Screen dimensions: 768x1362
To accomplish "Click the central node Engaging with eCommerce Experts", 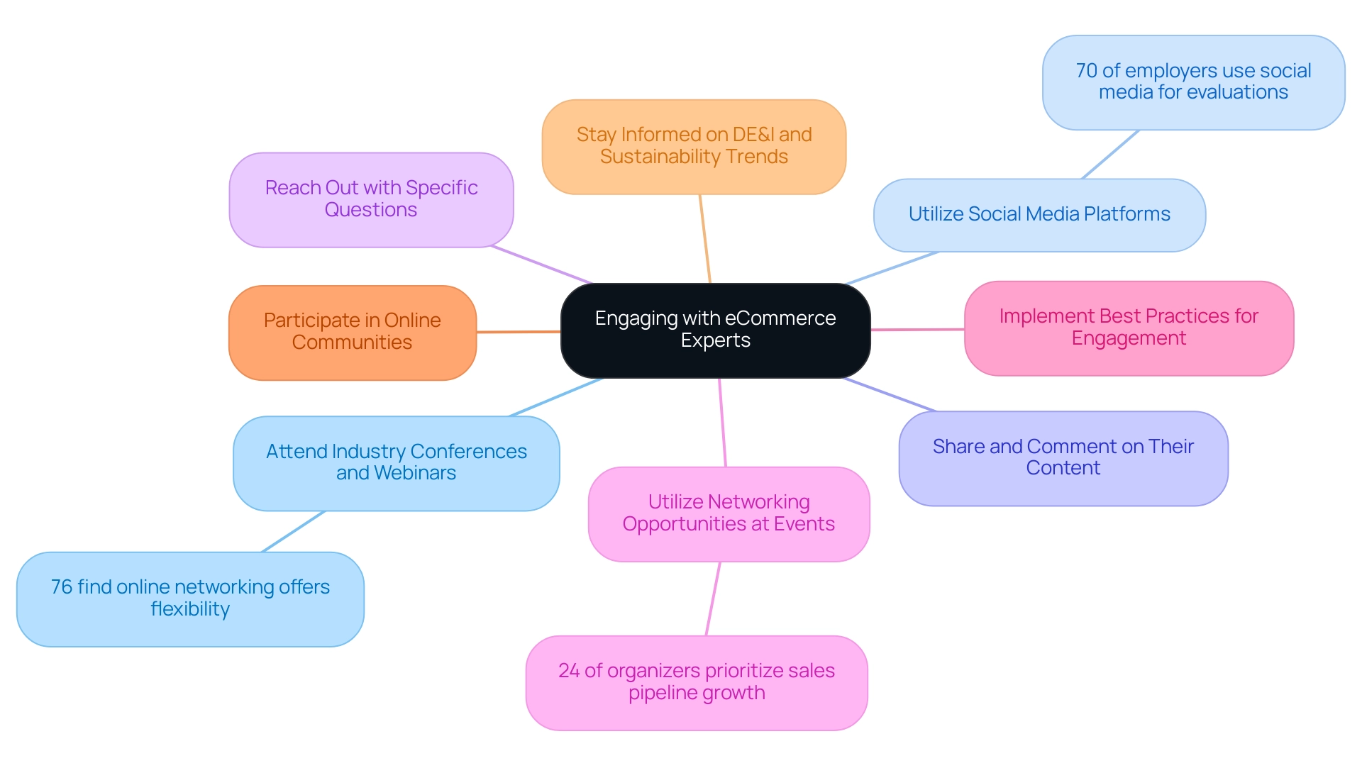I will pos(715,330).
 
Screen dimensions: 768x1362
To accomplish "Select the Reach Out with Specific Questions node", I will pos(371,199).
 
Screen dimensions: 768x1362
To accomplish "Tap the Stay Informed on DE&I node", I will pos(694,146).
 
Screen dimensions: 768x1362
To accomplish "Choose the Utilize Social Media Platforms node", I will pos(1039,214).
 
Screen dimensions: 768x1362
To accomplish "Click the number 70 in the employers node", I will pos(1086,71).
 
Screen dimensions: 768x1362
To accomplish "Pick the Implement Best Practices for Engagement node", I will pos(1129,328).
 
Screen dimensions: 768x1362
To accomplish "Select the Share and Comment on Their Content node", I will pos(1063,457).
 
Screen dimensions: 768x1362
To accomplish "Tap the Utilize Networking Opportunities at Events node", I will pos(729,513).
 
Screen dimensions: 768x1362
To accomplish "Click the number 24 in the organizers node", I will pos(569,671).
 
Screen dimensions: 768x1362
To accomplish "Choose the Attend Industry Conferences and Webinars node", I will pos(396,462).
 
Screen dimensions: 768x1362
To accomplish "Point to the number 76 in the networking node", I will pos(62,587).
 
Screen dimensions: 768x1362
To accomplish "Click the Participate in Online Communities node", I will pos(352,332).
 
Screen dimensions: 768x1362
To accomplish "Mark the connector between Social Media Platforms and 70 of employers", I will pos(1110,154).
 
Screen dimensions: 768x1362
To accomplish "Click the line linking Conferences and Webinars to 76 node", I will pos(293,531).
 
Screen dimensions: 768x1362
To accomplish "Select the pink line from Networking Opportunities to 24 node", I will pos(713,599).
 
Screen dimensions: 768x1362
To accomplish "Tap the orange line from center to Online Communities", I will pos(519,331).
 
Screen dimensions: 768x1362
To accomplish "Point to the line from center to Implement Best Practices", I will pos(917,329).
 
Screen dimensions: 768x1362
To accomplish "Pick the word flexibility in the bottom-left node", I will pos(190,609).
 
